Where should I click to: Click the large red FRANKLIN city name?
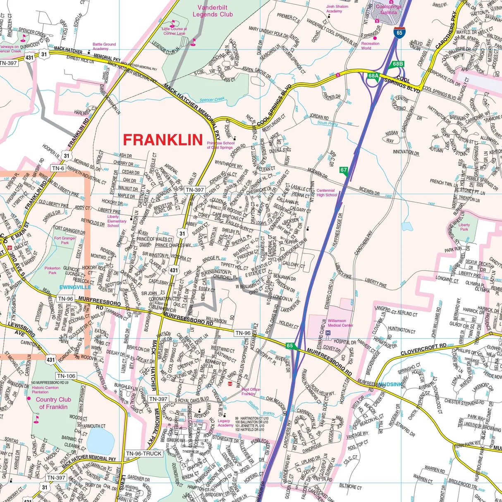pyautogui.click(x=163, y=140)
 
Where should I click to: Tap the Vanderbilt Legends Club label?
pyautogui.click(x=213, y=11)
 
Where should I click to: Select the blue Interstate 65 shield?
pyautogui.click(x=399, y=33)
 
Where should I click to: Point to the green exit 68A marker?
pyautogui.click(x=373, y=76)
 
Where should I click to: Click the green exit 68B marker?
pyautogui.click(x=398, y=64)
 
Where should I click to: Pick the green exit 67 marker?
pyautogui.click(x=344, y=170)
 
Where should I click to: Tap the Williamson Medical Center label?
pyautogui.click(x=340, y=323)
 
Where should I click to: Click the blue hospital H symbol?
pyautogui.click(x=328, y=333)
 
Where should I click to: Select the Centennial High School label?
pyautogui.click(x=327, y=193)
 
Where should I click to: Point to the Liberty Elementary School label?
pyautogui.click(x=117, y=221)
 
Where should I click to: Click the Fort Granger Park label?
pyautogui.click(x=65, y=240)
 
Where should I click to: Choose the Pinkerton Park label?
pyautogui.click(x=53, y=270)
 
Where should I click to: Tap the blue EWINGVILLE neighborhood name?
pyautogui.click(x=75, y=287)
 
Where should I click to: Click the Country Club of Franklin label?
pyautogui.click(x=53, y=403)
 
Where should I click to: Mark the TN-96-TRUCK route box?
pyautogui.click(x=144, y=454)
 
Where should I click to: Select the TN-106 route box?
pyautogui.click(x=66, y=376)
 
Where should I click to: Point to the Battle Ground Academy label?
pyautogui.click(x=104, y=46)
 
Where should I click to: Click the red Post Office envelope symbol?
pyautogui.click(x=238, y=385)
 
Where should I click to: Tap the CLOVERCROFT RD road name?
pyautogui.click(x=423, y=349)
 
